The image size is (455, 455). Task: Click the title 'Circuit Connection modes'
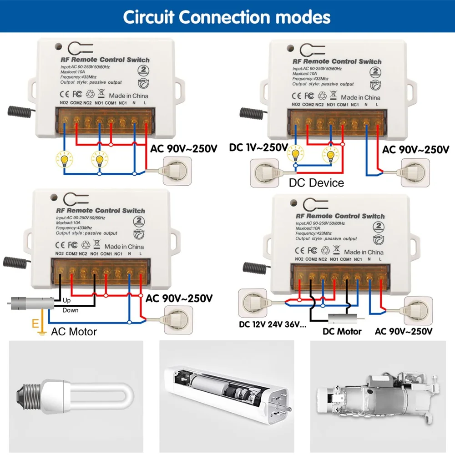click(x=227, y=17)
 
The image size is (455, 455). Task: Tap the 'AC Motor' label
click(x=74, y=332)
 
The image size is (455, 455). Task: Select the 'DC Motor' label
click(x=342, y=331)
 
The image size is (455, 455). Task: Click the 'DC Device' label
click(x=317, y=183)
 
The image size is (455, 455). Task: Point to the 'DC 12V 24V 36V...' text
click(x=273, y=325)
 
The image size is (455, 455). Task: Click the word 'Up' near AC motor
click(x=66, y=301)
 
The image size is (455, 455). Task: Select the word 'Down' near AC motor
click(x=70, y=310)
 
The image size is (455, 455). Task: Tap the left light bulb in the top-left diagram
click(x=63, y=160)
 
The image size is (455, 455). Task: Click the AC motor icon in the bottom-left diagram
click(x=30, y=302)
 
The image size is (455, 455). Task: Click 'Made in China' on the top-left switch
click(x=129, y=96)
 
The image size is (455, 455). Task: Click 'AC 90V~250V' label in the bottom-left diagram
click(x=179, y=298)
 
